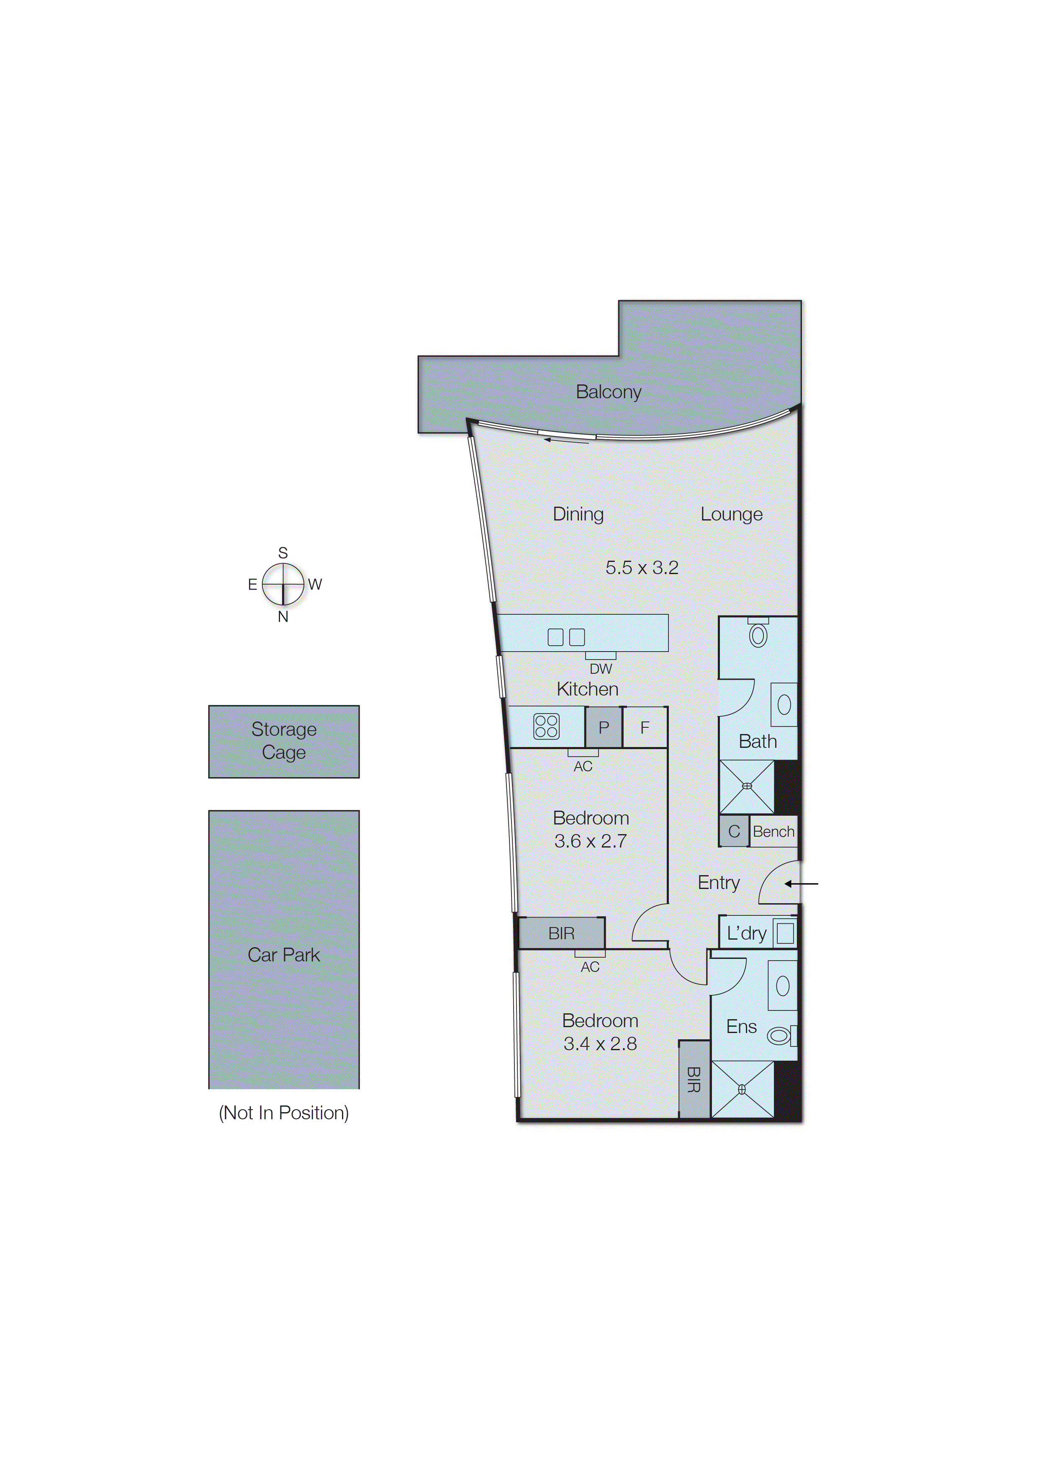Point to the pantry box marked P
coord(604,727)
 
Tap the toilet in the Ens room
coord(780,1036)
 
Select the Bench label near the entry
coord(773,832)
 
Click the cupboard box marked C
coord(734,831)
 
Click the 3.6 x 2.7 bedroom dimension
coord(590,841)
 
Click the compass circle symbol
coord(283,584)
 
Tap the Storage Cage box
coord(284,741)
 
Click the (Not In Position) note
coord(284,1113)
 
